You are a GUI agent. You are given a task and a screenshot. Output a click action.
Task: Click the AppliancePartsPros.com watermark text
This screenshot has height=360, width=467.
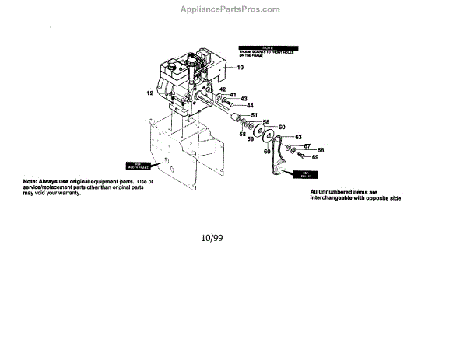pyautogui.click(x=234, y=9)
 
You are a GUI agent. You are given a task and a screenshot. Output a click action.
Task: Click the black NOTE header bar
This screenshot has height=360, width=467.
pyautogui.click(x=262, y=47)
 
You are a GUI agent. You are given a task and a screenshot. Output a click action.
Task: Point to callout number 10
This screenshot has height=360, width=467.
pyautogui.click(x=241, y=68)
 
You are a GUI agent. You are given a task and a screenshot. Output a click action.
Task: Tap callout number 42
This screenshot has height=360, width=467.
pyautogui.click(x=222, y=89)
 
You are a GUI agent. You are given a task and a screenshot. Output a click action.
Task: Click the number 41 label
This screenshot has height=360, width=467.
pyautogui.click(x=233, y=94)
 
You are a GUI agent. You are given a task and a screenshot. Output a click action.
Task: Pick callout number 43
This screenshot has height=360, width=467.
pyautogui.click(x=244, y=99)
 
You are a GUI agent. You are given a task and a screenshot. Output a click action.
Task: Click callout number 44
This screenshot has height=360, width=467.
pyautogui.click(x=250, y=106)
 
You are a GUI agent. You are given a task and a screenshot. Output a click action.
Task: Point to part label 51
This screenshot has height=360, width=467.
pyautogui.click(x=254, y=115)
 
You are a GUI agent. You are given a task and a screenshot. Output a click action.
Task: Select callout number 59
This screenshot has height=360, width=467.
pyautogui.click(x=251, y=139)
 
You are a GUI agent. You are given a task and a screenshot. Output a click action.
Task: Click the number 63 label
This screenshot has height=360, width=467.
pyautogui.click(x=297, y=137)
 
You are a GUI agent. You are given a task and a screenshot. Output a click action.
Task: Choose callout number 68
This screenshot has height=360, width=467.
pyautogui.click(x=320, y=150)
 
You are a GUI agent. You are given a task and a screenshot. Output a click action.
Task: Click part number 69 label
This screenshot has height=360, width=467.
pyautogui.click(x=316, y=157)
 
